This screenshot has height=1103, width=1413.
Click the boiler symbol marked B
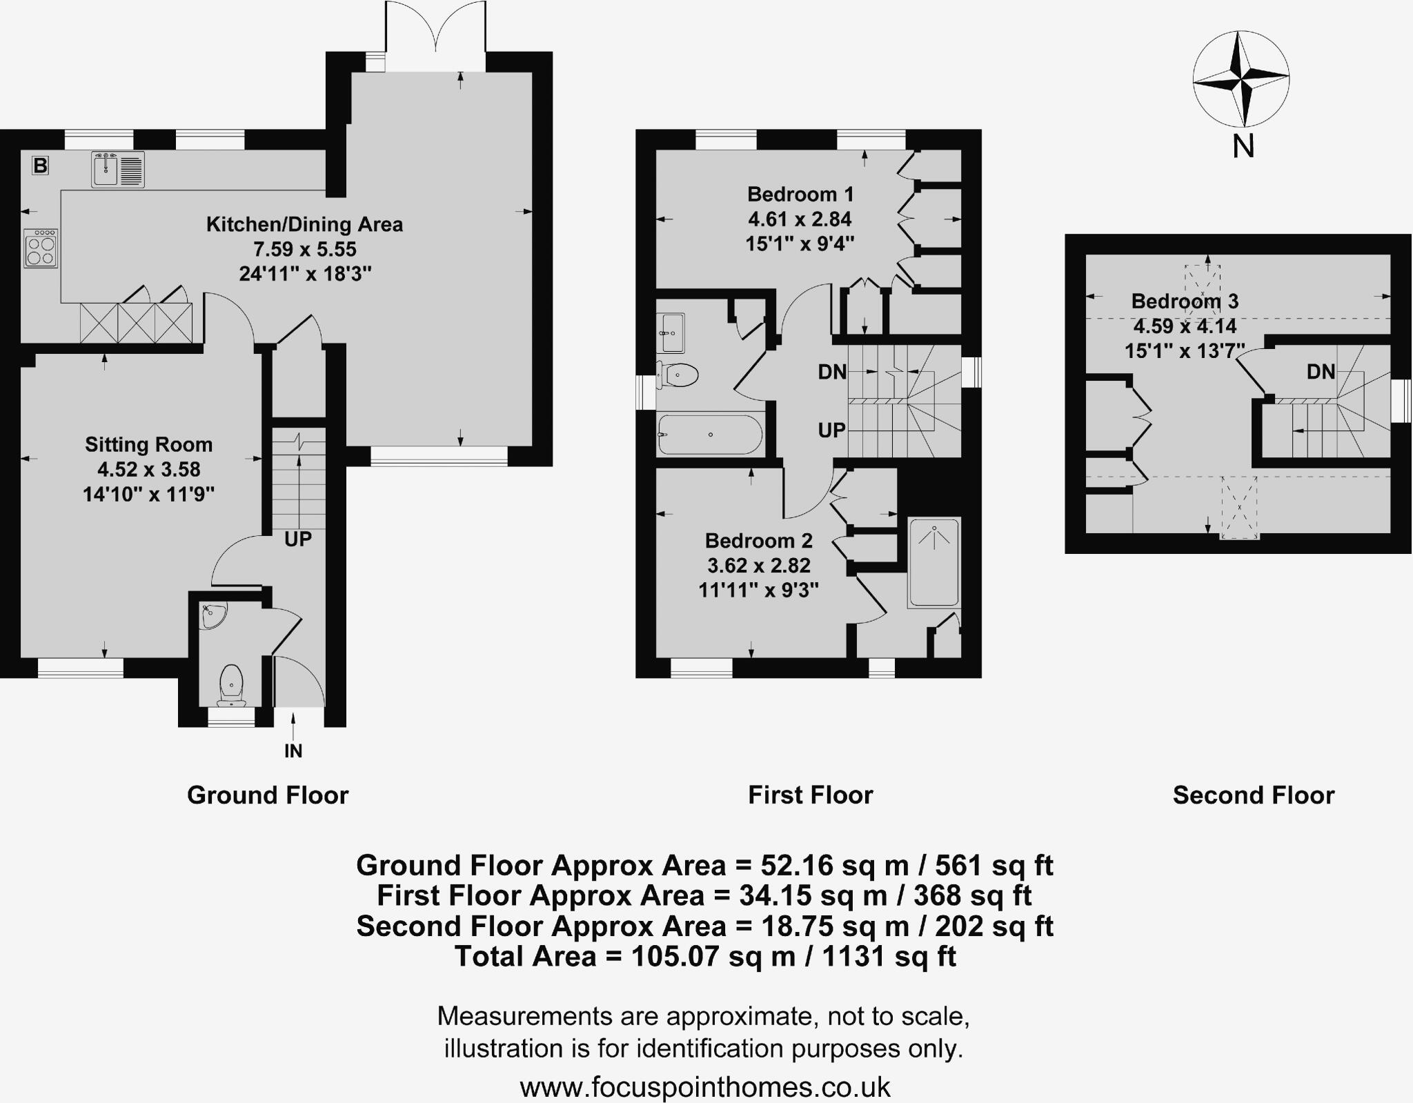(x=41, y=166)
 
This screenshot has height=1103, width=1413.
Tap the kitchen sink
(x=118, y=170)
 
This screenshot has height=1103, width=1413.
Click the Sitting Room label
(x=148, y=445)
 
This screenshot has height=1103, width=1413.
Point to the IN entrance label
(x=293, y=751)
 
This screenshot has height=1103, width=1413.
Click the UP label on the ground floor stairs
(x=298, y=539)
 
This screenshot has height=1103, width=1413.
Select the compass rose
(x=1241, y=79)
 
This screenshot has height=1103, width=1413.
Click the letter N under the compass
(x=1243, y=146)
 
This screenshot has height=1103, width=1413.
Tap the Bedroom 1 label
(x=800, y=194)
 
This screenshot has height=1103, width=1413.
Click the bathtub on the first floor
(x=710, y=435)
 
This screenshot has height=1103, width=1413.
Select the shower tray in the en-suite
(x=934, y=562)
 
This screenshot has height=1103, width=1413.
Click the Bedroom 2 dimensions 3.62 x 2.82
(x=759, y=566)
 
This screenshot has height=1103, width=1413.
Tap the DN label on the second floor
(x=1321, y=372)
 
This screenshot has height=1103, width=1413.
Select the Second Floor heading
(x=1254, y=795)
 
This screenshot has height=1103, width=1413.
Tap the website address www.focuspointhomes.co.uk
(x=705, y=1087)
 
